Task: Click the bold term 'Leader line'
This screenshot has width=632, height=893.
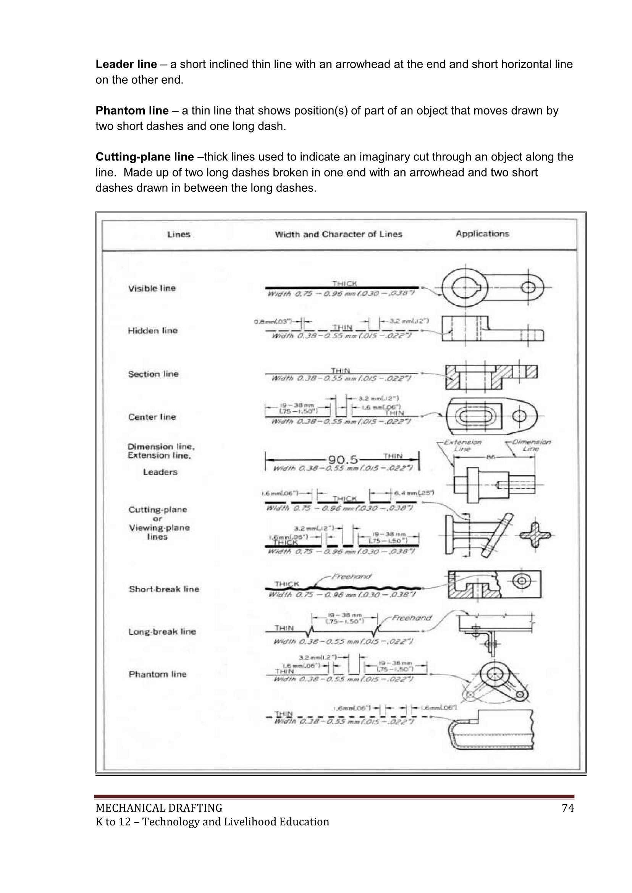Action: tap(126, 64)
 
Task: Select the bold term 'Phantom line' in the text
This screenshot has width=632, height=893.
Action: tap(132, 111)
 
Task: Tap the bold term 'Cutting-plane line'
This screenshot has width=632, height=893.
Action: tap(144, 157)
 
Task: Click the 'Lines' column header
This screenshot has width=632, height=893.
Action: tap(179, 235)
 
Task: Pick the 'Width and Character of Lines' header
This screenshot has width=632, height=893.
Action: tap(338, 235)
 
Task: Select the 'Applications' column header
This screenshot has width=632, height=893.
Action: tap(482, 234)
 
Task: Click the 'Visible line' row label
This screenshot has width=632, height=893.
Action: tap(152, 288)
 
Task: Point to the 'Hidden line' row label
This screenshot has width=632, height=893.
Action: tap(152, 330)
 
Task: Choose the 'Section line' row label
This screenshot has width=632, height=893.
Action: tap(154, 374)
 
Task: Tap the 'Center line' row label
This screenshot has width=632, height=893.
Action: tap(152, 417)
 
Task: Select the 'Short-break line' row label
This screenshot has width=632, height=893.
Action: tap(164, 589)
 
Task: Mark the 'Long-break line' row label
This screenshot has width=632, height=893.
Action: tap(162, 631)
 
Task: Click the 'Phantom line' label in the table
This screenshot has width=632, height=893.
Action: tap(158, 674)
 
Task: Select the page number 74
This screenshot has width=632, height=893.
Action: tap(568, 808)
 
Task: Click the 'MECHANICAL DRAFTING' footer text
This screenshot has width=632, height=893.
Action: tap(159, 808)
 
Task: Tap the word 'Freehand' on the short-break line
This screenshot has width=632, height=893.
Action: tap(351, 576)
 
